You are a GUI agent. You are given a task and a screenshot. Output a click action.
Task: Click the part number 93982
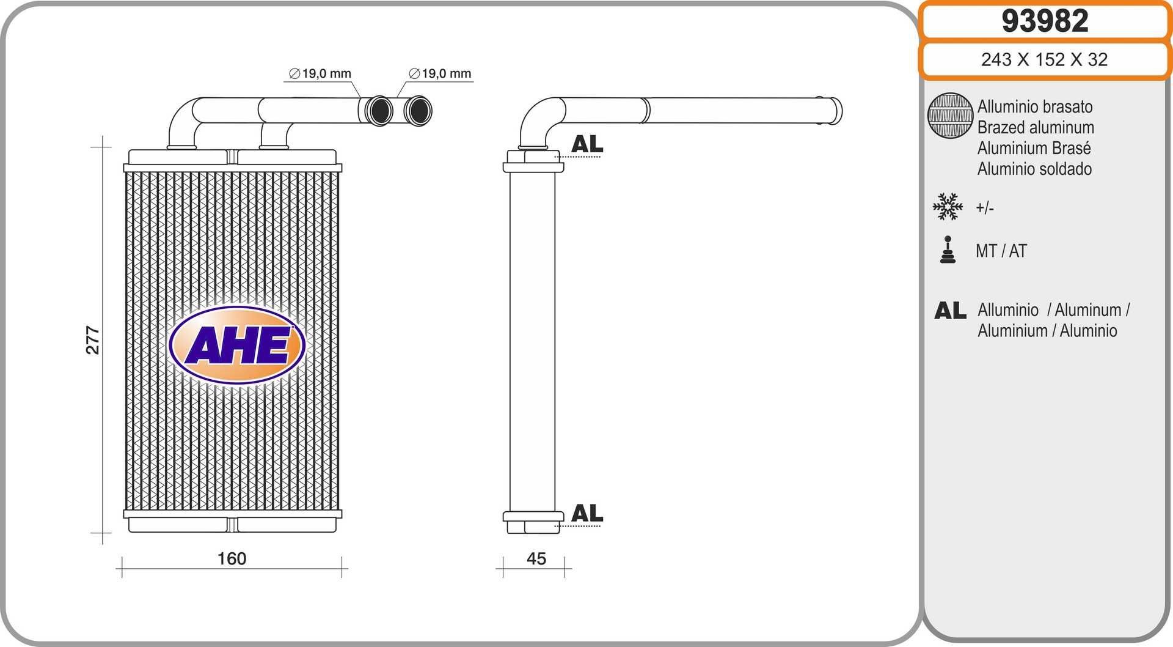(1045, 21)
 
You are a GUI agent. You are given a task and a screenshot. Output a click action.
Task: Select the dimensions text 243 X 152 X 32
(1044, 59)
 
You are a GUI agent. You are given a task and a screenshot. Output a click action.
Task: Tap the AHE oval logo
(237, 346)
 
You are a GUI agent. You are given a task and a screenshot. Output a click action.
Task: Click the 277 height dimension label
(92, 340)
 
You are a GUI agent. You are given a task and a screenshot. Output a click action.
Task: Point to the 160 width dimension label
(232, 558)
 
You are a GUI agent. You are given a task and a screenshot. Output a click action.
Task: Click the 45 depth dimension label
(536, 558)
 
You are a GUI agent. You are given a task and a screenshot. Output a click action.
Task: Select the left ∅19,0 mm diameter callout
(320, 74)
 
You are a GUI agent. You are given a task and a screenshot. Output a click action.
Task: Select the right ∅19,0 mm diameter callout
(440, 74)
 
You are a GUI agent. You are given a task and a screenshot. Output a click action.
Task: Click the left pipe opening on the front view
(379, 111)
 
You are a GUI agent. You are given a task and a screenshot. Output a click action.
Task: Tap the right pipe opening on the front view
(418, 111)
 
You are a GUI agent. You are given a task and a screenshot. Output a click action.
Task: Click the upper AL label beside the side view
(586, 144)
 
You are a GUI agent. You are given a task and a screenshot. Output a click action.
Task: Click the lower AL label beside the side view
(586, 513)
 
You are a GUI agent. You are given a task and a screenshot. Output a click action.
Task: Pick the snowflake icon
(948, 207)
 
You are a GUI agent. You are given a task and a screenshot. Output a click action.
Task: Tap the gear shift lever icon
(948, 250)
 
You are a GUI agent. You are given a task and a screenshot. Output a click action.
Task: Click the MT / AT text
(1001, 251)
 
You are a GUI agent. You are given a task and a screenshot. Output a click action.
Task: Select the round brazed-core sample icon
(949, 116)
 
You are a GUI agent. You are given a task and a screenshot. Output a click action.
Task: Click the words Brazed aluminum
(1036, 127)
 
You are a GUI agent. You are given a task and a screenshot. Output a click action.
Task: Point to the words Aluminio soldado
(1034, 169)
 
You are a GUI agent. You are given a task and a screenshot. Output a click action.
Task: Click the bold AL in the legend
(950, 311)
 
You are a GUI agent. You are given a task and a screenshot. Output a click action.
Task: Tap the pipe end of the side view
(835, 111)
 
